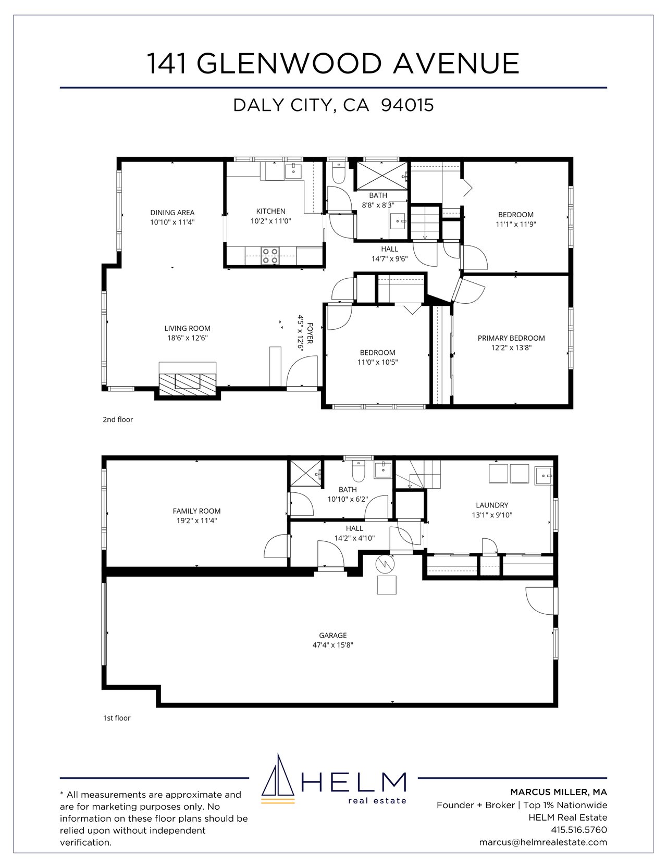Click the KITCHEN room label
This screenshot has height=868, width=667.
[270, 211]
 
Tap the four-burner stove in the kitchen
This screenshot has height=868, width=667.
[270, 255]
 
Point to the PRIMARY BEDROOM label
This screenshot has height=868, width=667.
[511, 338]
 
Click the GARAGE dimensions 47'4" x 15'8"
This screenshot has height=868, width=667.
[333, 644]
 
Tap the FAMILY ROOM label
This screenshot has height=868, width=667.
[196, 511]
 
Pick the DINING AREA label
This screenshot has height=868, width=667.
[172, 212]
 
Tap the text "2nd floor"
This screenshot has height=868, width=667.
[118, 419]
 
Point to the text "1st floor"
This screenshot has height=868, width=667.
[117, 718]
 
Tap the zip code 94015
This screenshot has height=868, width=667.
[407, 105]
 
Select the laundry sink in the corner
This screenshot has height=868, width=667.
[544, 475]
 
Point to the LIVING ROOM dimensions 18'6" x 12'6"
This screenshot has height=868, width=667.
[187, 338]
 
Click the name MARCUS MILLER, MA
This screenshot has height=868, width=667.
[559, 792]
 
